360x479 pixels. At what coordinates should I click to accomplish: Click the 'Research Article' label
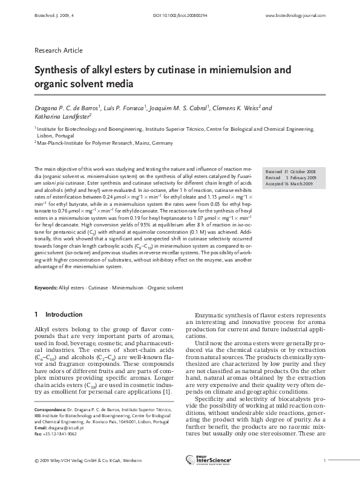pos(59,50)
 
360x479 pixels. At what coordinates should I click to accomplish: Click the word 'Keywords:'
pos(46,288)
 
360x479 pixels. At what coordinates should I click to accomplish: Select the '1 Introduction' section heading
pos(59,315)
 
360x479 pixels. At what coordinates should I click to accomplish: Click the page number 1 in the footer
pos(324,461)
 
